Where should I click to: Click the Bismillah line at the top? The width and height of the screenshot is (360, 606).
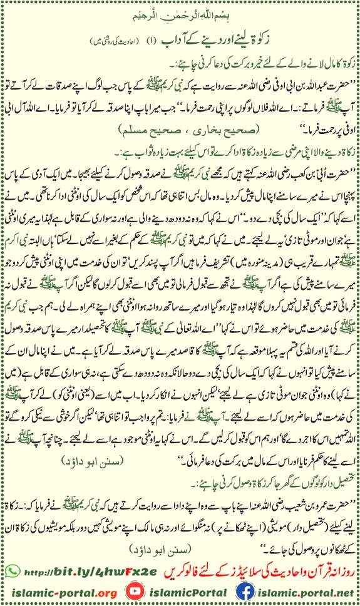pos(180,13)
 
